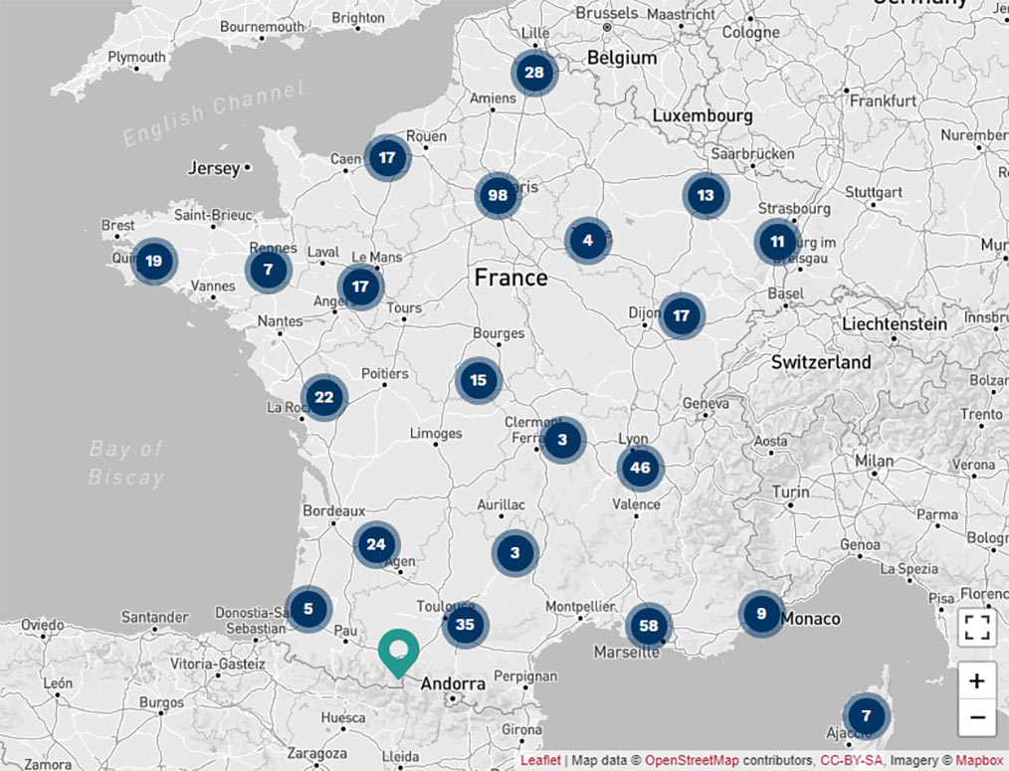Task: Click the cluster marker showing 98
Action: pos(498,196)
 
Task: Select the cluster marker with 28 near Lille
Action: pos(534,73)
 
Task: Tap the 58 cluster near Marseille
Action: pos(649,626)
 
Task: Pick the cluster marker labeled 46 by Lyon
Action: pos(640,469)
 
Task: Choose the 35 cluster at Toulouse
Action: pos(465,626)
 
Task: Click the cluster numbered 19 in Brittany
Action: pos(153,263)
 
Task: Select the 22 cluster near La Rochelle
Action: pos(323,398)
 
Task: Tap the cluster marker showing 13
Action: pos(706,196)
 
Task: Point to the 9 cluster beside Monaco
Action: pos(761,614)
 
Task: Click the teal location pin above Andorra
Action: pos(399,653)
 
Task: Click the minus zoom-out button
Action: pos(977,717)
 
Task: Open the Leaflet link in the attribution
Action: pos(540,761)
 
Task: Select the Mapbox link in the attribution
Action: pos(979,761)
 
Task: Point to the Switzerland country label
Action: pos(821,362)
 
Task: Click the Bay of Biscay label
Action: pos(125,463)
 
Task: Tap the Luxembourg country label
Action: pos(703,116)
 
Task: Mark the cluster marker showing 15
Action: pos(479,380)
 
